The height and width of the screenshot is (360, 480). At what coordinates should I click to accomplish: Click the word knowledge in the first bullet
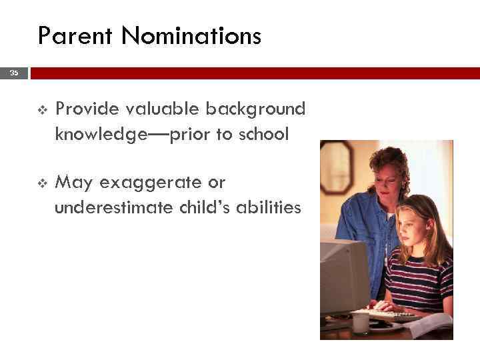[x=104, y=135]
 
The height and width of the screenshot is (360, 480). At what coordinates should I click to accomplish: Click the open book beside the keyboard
[x=430, y=325]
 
